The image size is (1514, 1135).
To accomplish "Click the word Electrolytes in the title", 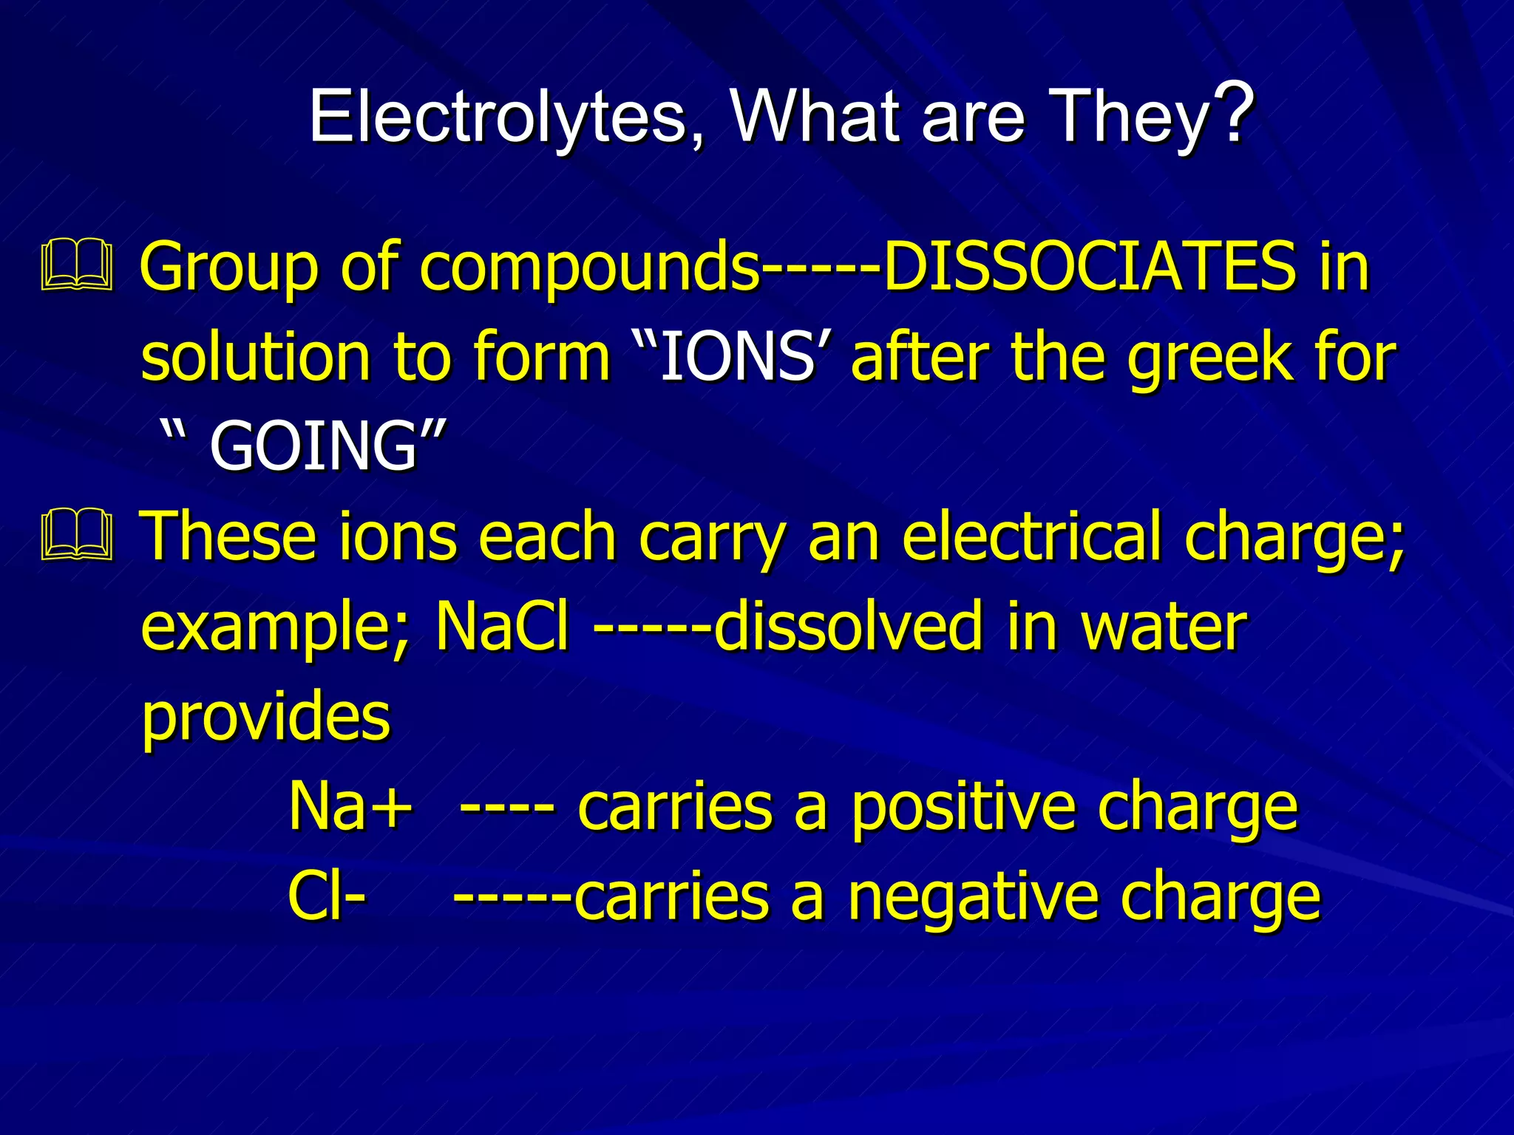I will [498, 117].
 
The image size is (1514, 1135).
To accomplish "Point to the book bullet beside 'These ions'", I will [77, 534].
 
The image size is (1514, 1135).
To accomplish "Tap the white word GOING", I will [314, 446].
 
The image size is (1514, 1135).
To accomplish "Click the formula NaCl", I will [503, 627].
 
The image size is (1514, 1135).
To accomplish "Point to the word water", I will [1164, 627].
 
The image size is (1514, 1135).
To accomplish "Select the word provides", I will [265, 718].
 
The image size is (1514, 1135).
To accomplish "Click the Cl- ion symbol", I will [326, 897].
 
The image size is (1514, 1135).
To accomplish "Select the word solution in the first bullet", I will [255, 358].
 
